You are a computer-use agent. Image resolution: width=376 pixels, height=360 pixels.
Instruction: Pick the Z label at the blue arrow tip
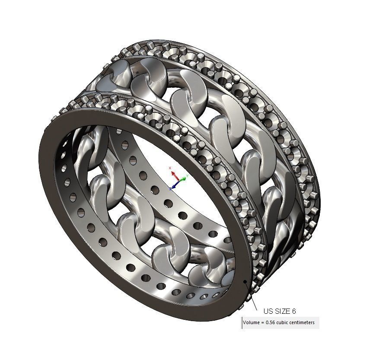[x=171, y=189]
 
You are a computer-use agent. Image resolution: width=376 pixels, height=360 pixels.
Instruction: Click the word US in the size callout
[x=268, y=311]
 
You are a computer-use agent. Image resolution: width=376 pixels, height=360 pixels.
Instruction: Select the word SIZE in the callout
[x=283, y=311]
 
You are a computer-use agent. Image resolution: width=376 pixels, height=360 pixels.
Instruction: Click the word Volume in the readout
[x=251, y=322]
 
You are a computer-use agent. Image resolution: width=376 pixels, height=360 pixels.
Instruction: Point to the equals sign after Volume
[x=262, y=322]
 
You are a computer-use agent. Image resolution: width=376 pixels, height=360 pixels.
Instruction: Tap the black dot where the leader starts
[x=245, y=282]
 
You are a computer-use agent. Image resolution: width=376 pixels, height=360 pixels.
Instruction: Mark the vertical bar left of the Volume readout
[x=242, y=323]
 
